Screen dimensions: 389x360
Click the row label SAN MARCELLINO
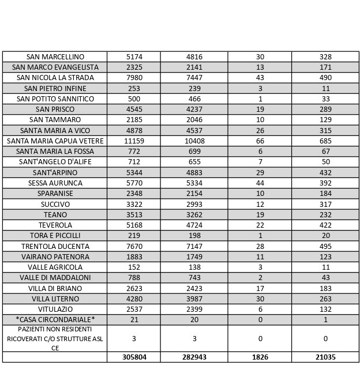[x=55, y=57]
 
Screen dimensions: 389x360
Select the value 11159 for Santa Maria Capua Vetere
[x=134, y=141]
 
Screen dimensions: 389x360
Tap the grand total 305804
[x=134, y=357]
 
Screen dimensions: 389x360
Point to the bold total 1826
[x=260, y=357]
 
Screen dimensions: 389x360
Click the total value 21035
[x=325, y=357]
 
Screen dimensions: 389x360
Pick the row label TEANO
[x=55, y=214]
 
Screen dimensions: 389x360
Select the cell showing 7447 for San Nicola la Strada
[x=194, y=78]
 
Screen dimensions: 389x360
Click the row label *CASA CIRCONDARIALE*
[x=55, y=320]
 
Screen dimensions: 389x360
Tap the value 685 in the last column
[x=325, y=141]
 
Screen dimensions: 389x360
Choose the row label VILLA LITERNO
[x=55, y=299]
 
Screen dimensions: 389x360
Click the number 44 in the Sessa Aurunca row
[x=260, y=183]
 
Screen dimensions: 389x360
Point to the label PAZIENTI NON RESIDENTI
[x=55, y=329]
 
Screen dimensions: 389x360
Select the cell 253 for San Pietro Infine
[x=134, y=89]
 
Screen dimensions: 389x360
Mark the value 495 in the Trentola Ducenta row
[x=325, y=246]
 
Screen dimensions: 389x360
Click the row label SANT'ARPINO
[x=55, y=173]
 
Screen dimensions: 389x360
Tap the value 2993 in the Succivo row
[x=194, y=204]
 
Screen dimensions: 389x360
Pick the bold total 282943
[x=194, y=357]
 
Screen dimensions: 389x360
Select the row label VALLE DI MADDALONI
[x=55, y=278]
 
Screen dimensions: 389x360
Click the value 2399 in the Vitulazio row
[x=194, y=309]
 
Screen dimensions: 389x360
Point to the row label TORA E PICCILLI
[x=55, y=236]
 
